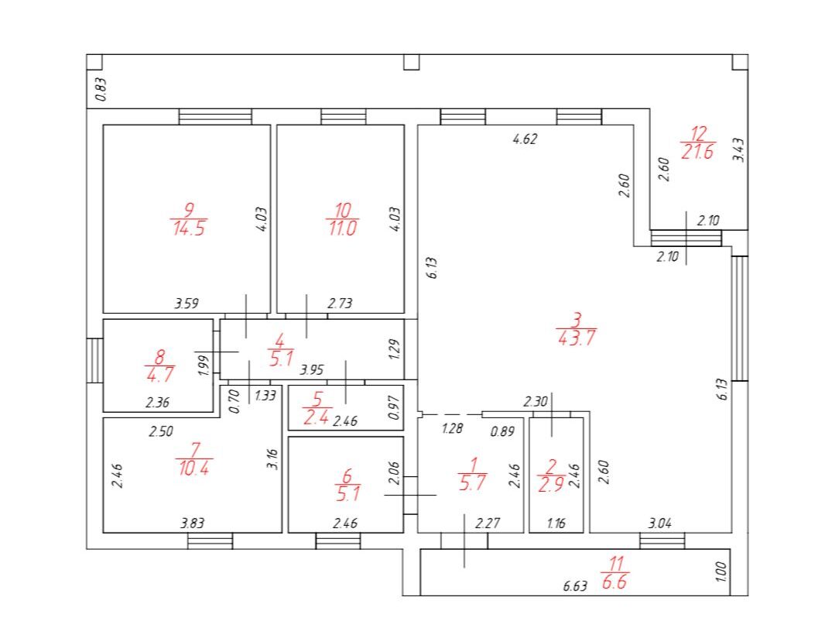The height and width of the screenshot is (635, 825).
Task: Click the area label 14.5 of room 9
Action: (188, 229)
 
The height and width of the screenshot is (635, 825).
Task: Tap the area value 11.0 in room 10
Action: (343, 228)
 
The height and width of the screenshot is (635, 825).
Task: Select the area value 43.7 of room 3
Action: (577, 338)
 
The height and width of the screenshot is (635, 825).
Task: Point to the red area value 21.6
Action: (697, 152)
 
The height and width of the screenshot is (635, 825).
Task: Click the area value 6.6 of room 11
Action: (614, 582)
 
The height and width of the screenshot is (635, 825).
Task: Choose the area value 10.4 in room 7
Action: (193, 468)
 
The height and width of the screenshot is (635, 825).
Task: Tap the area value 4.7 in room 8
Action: (160, 374)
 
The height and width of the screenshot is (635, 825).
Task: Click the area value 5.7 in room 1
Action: (473, 482)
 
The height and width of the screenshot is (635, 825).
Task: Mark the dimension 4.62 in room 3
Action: (525, 139)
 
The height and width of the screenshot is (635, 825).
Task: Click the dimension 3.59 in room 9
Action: (187, 304)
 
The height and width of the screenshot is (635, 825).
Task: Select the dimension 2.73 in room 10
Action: (340, 304)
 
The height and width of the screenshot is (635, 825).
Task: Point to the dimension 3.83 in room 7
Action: (192, 523)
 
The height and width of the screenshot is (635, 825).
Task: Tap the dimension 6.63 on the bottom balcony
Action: (574, 586)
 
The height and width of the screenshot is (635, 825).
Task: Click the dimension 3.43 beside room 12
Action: (739, 149)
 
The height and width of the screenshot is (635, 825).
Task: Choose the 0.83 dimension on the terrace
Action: (101, 90)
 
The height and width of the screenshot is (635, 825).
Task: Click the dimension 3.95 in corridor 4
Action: (311, 370)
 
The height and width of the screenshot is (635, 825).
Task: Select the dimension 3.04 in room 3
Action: (659, 523)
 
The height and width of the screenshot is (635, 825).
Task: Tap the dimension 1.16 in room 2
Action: (556, 523)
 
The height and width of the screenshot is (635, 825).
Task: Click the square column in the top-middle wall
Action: (412, 62)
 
